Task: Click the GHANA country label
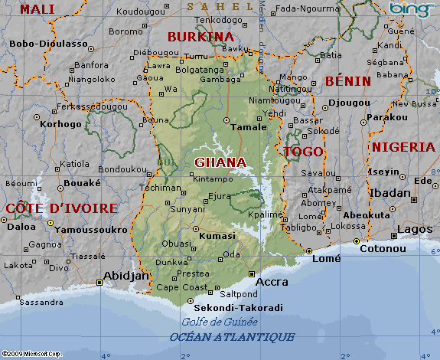pos(220,162)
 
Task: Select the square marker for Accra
pos(253,274)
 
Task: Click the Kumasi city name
pos(217,237)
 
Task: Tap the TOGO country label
pos(304,152)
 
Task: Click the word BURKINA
pos(200,37)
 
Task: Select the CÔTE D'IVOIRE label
pos(61,208)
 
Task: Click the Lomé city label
pos(327,260)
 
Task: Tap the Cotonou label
pos(383,249)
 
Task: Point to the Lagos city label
pos(416,229)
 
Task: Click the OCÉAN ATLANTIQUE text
pos(231,337)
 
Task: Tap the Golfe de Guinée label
pos(220,322)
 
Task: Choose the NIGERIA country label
pos(403,146)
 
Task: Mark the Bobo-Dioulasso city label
pos(48,44)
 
